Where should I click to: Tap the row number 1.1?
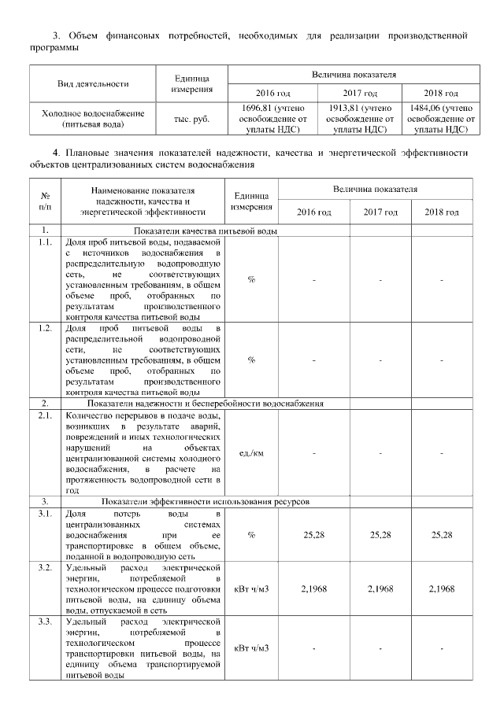(45, 243)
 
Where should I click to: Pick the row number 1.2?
(45, 326)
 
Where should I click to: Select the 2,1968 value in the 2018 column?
(442, 589)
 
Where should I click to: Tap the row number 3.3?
(45, 622)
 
